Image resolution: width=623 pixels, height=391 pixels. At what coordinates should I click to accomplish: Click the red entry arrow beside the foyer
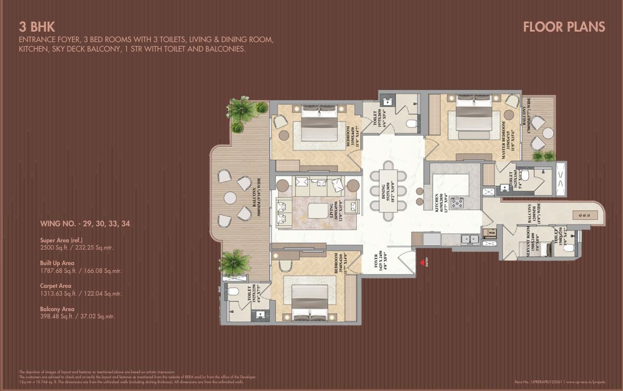[x=422, y=262]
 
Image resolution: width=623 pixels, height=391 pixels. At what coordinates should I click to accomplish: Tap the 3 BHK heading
[x=37, y=26]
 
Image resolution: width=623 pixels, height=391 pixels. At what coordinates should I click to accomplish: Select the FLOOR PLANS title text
[x=564, y=27]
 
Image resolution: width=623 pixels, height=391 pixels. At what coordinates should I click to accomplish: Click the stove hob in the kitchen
[x=457, y=203]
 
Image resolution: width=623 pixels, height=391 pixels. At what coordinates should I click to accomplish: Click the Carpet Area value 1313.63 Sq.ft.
[x=81, y=294]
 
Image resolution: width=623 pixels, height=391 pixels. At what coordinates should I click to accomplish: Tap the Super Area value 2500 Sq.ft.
[x=76, y=248]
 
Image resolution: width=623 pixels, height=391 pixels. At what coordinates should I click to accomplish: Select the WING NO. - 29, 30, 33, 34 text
[x=85, y=224]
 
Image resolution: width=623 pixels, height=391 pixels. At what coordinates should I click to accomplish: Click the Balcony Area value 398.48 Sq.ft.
[x=77, y=317]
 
